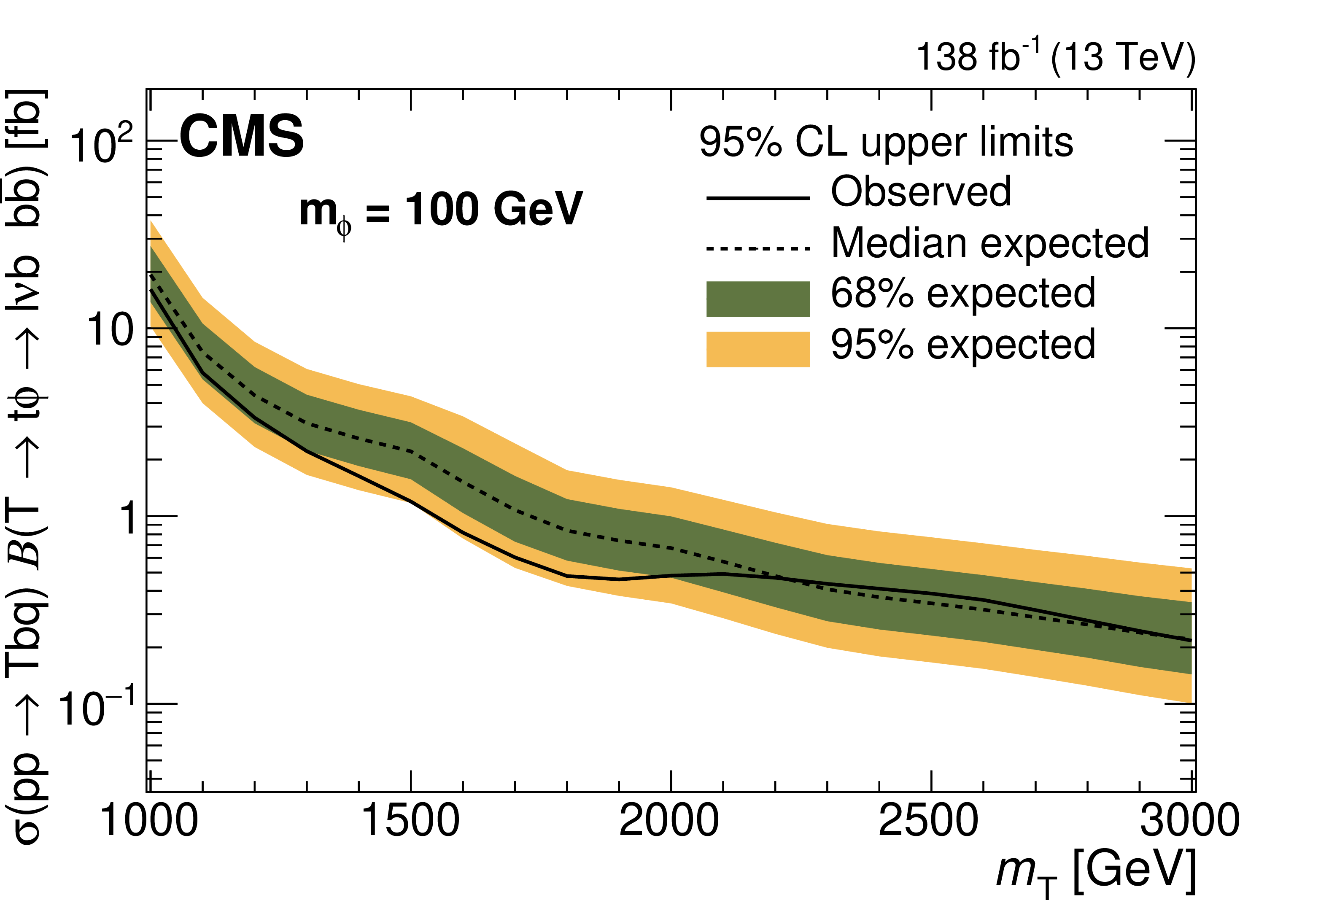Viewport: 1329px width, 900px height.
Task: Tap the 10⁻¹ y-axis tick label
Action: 97,708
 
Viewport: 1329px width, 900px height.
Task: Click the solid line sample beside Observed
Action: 758,198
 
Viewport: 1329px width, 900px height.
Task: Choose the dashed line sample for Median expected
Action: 758,248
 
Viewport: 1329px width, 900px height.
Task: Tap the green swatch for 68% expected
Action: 758,299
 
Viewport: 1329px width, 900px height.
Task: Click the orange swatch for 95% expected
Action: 758,349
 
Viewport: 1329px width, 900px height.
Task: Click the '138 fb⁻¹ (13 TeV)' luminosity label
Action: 1055,58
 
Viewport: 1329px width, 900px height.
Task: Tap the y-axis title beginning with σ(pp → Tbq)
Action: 26,466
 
